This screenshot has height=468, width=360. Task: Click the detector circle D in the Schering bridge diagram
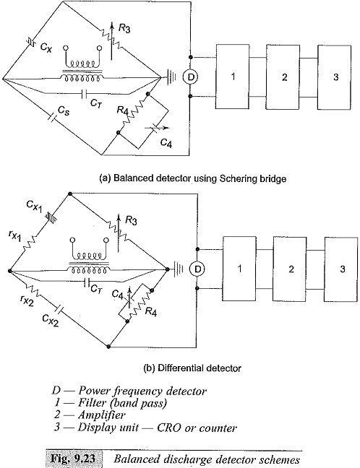tap(190, 77)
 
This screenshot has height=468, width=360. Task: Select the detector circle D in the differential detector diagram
tap(197, 269)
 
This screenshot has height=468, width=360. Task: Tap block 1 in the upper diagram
tap(232, 77)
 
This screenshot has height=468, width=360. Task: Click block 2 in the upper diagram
tap(283, 77)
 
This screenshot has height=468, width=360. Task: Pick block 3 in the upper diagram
tap(335, 77)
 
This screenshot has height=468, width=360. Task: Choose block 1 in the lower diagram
tap(239, 269)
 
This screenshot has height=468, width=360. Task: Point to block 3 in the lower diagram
tap(341, 269)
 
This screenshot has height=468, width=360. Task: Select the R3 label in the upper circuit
tap(124, 28)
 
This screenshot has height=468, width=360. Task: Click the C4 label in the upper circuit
tap(166, 143)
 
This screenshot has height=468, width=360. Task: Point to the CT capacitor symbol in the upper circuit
tap(84, 94)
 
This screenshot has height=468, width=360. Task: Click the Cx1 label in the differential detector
tap(34, 206)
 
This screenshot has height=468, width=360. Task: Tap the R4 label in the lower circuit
tap(151, 312)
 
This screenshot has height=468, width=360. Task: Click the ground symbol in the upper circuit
tap(171, 77)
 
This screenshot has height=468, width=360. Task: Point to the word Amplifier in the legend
tap(102, 415)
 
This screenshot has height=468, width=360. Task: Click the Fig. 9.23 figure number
tap(74, 459)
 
